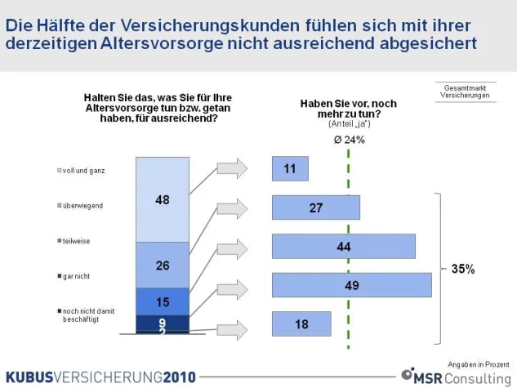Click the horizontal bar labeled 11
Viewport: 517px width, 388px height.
tap(291, 168)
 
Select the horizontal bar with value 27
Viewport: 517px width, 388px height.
tap(315, 208)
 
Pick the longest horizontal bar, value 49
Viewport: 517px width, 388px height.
tap(351, 285)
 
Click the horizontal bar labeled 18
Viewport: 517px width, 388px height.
tap(302, 324)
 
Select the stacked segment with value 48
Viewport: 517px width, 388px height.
tap(163, 198)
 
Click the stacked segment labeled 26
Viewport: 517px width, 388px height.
tap(163, 265)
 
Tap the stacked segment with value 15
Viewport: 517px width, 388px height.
tap(163, 301)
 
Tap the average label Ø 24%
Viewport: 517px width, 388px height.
tap(350, 140)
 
